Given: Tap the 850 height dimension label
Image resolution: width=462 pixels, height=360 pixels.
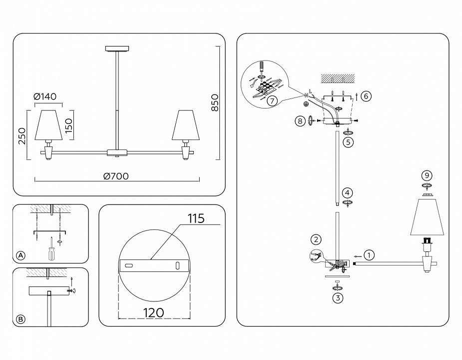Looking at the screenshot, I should tap(215, 103).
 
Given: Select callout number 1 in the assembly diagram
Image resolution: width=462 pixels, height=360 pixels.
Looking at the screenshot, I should tap(368, 255).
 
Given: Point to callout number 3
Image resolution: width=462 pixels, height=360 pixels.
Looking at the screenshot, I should tap(338, 298).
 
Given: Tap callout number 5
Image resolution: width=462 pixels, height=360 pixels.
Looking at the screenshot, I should tap(349, 142).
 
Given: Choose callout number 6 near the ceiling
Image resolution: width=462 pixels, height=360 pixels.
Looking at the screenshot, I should tap(366, 95).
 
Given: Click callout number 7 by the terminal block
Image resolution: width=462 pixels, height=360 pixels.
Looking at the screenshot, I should tap(271, 100).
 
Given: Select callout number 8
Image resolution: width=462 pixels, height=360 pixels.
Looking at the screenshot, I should tap(300, 120).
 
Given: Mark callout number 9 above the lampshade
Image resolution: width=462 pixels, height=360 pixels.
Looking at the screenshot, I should tap(426, 175).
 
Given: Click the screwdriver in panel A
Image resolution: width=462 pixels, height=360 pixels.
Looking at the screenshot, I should tap(51, 249).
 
